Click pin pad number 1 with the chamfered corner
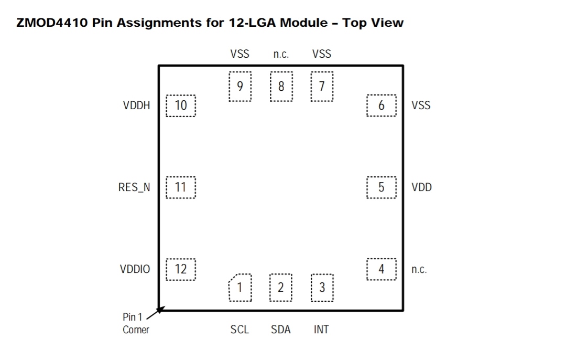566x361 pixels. point(240,288)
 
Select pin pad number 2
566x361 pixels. point(281,288)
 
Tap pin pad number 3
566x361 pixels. point(322,288)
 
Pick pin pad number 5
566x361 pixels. point(381,187)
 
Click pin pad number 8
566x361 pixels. point(281,87)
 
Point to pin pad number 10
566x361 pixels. point(181,105)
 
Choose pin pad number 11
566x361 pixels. point(181,187)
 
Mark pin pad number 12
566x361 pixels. point(181,269)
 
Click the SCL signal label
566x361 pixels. point(240,330)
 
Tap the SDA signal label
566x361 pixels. point(281,330)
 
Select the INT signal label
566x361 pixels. point(321,330)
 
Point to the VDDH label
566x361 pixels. point(136,105)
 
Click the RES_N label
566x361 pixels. point(134,187)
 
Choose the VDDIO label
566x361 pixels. point(135,269)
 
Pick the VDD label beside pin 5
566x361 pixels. point(421,187)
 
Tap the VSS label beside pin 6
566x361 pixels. point(421,105)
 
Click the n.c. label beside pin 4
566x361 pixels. point(419,270)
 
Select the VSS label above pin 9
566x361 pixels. point(240,54)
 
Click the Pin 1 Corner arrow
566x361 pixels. point(156,313)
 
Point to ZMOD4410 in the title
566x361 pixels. point(52,23)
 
